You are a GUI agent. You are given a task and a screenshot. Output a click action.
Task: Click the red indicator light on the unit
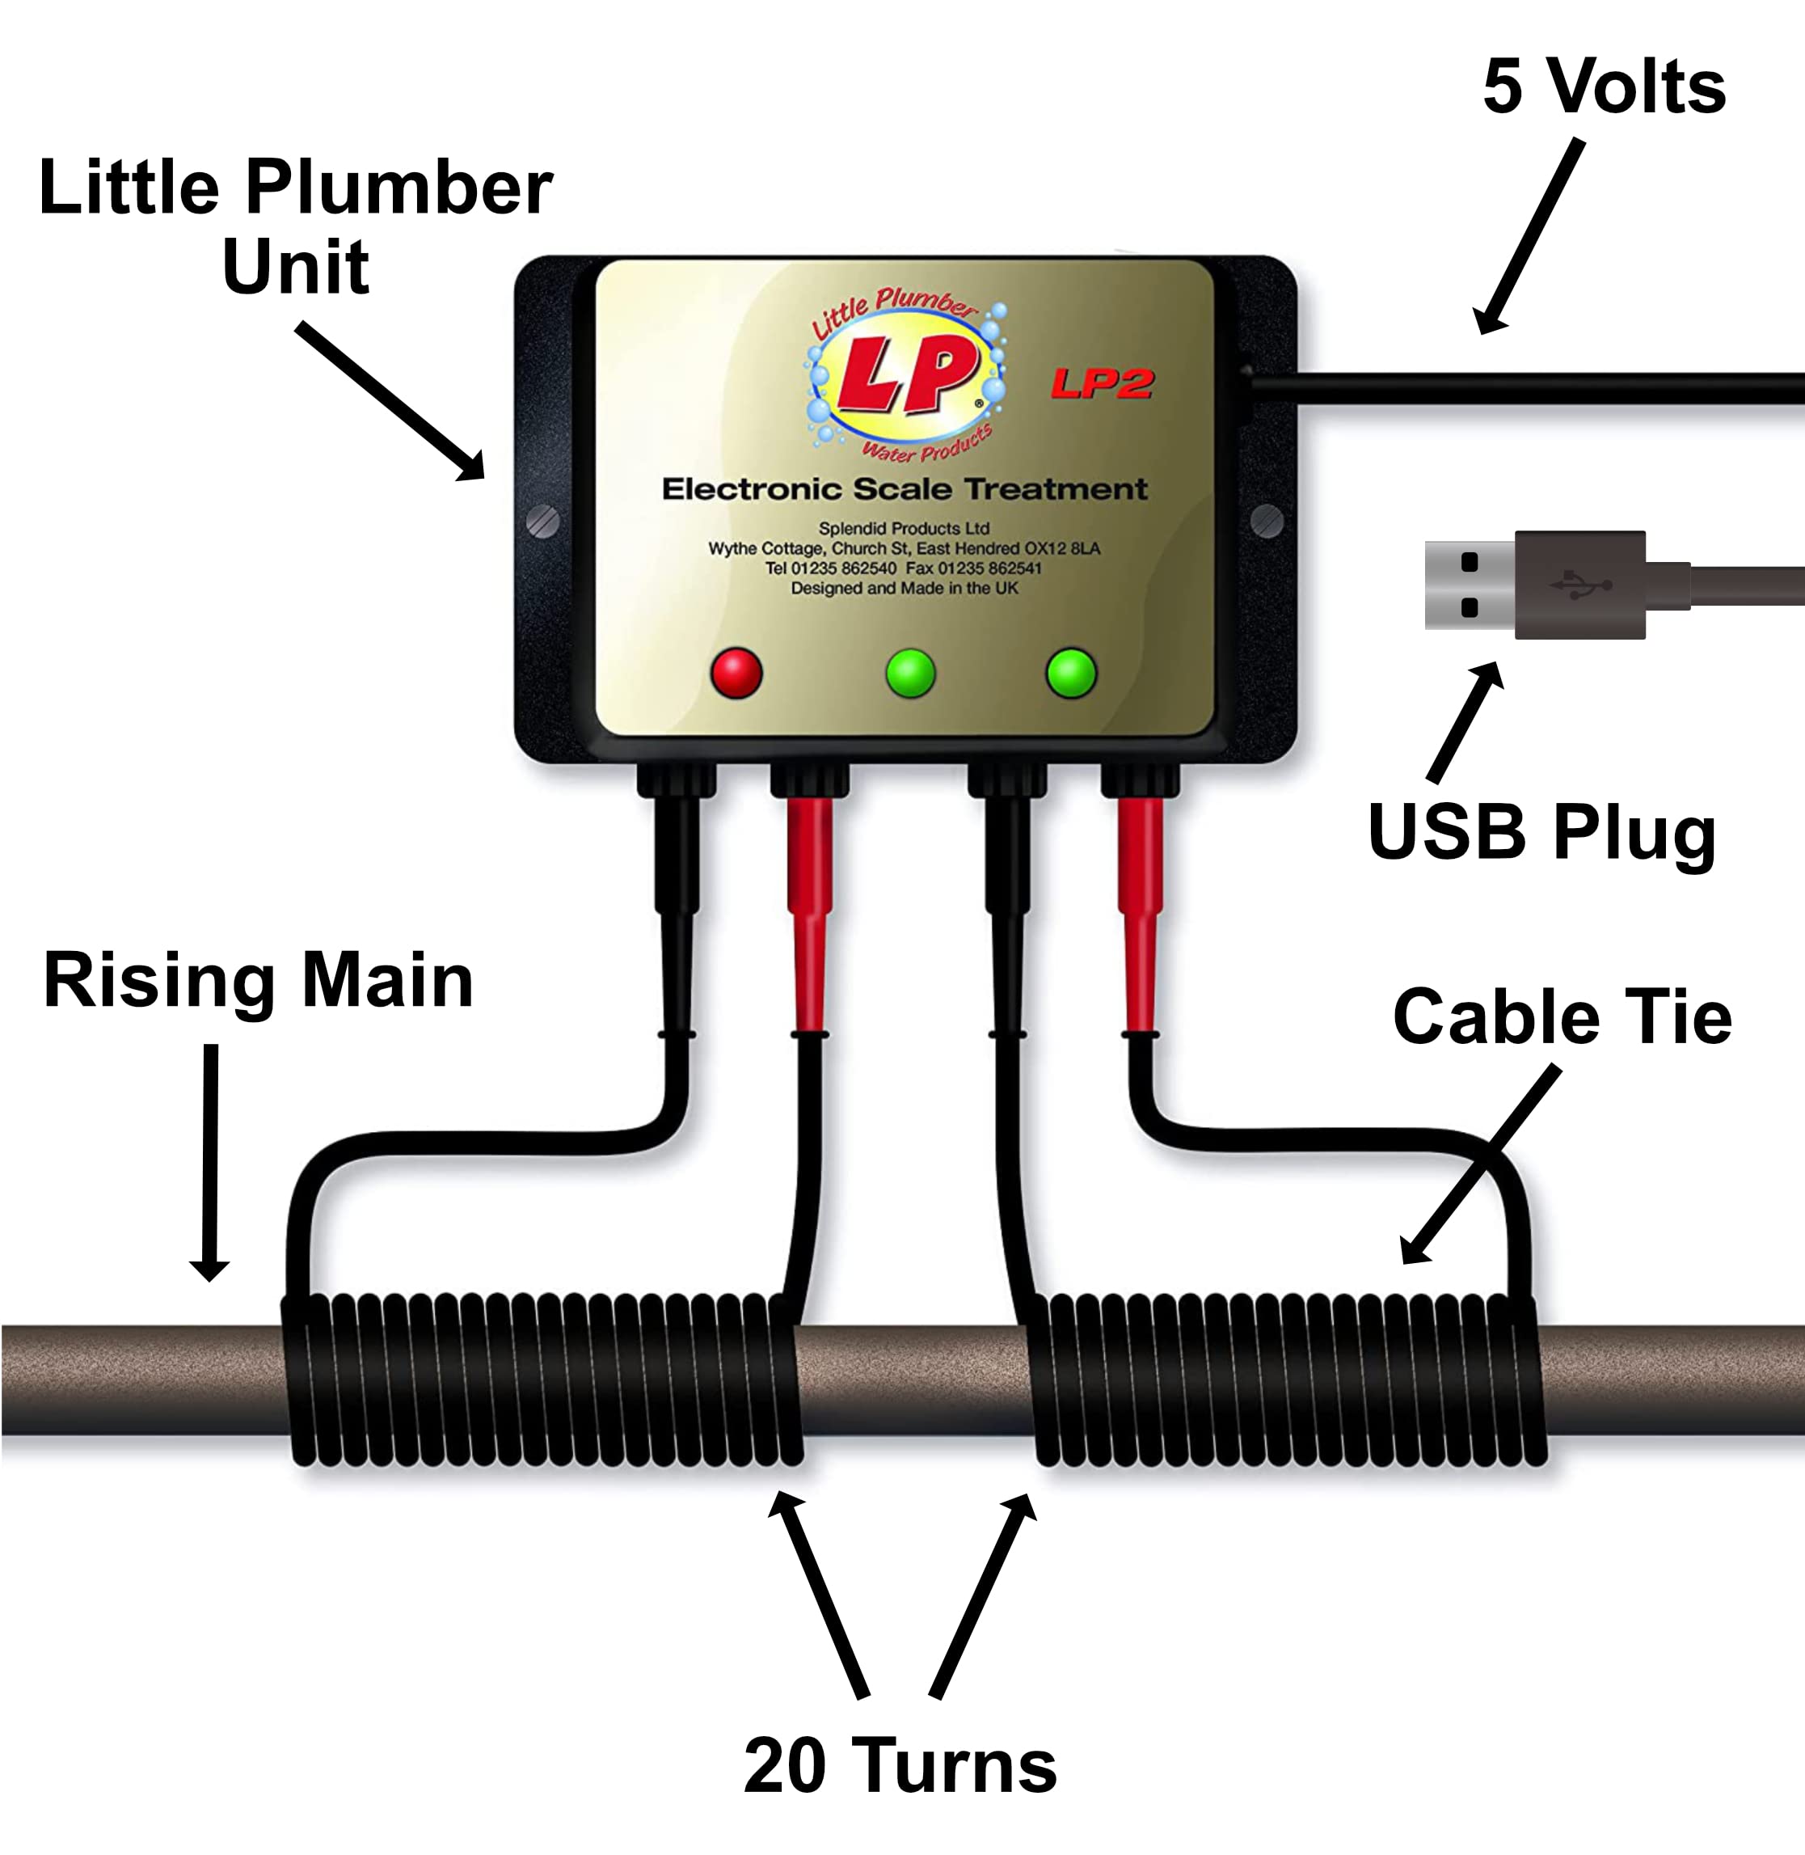coord(736,673)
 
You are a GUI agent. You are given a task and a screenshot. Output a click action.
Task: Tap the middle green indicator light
coord(910,674)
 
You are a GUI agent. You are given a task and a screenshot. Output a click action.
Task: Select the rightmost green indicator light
coord(1071,674)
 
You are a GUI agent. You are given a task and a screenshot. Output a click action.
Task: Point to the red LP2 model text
coord(1102,383)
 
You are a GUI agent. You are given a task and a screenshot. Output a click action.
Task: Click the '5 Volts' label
coord(1604,87)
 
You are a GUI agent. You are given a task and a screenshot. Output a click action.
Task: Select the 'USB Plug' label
coord(1541,833)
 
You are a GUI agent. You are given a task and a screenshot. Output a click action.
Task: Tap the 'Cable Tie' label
coord(1563,1016)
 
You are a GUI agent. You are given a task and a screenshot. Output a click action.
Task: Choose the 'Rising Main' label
coord(258,981)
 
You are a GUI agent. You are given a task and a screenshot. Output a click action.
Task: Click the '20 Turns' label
coord(900,1766)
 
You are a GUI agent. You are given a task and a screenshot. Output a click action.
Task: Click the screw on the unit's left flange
coord(542,522)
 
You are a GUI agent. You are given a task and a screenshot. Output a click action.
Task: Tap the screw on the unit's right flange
coord(1267,521)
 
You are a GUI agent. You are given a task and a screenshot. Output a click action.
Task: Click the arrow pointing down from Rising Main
coord(209,1163)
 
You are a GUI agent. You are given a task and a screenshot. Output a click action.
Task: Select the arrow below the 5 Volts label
coord(1529,236)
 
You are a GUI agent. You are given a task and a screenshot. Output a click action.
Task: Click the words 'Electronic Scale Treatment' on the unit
coord(905,489)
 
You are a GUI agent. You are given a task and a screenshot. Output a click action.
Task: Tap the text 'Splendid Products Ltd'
coord(904,528)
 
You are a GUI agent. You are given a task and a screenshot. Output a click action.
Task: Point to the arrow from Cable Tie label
coord(1480,1164)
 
